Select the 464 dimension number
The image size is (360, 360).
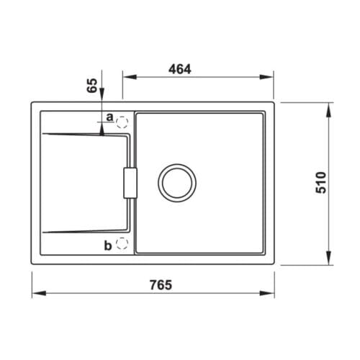(x=179, y=69)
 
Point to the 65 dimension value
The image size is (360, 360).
(x=91, y=85)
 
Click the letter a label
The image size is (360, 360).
(x=109, y=117)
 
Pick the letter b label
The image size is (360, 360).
(x=107, y=246)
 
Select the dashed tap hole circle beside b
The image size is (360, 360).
(x=122, y=245)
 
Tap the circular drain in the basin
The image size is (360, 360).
(x=177, y=182)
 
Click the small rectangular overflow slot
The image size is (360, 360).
(x=129, y=182)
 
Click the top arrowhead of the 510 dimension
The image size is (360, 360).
(x=329, y=107)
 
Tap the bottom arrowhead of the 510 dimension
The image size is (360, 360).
(x=329, y=260)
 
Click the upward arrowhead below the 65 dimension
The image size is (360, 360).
(x=103, y=130)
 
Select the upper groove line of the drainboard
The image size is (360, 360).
(x=83, y=134)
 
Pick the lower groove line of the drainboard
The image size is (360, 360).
(x=83, y=231)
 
